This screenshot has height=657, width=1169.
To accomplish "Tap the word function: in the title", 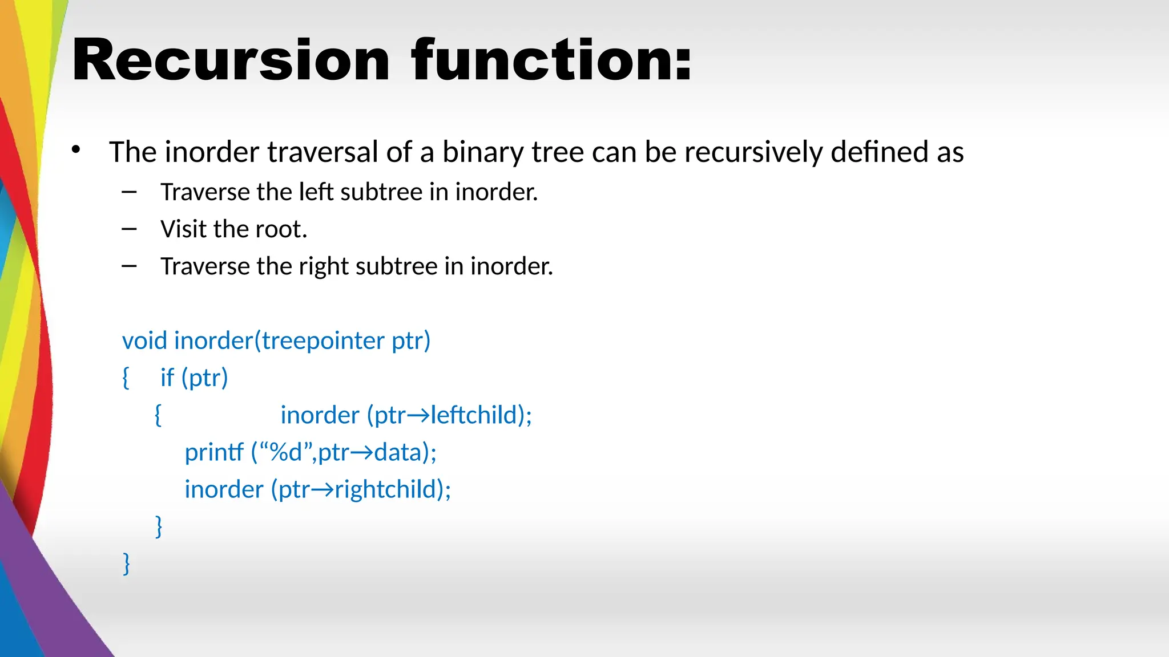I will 551,60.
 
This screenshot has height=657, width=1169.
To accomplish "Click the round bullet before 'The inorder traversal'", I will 76,151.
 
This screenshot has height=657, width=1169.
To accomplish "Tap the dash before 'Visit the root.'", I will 129,229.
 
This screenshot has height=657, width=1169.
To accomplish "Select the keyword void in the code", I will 144,341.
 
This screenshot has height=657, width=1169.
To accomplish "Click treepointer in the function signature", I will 323,341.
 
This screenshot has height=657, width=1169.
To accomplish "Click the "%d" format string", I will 285,452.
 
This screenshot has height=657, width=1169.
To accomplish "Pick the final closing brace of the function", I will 127,563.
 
